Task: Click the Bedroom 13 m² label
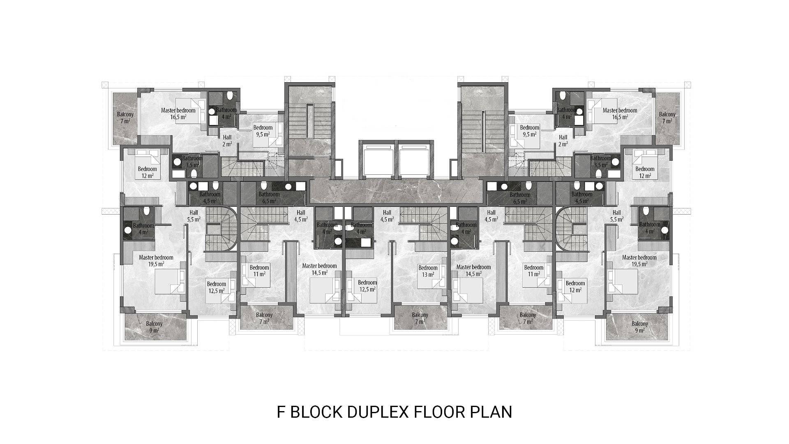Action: (x=428, y=271)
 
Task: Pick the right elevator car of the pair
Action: (x=414, y=161)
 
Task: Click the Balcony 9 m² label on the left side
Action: (x=154, y=327)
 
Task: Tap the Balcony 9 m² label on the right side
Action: (x=640, y=327)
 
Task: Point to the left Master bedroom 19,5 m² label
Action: (x=156, y=261)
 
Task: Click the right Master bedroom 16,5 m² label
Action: (x=620, y=113)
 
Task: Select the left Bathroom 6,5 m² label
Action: (x=269, y=198)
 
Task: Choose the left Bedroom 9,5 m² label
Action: (x=263, y=131)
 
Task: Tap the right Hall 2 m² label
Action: (x=563, y=141)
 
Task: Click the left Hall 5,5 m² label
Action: (x=194, y=216)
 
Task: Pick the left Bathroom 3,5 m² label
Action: (x=192, y=162)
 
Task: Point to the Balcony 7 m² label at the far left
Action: (x=125, y=118)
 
